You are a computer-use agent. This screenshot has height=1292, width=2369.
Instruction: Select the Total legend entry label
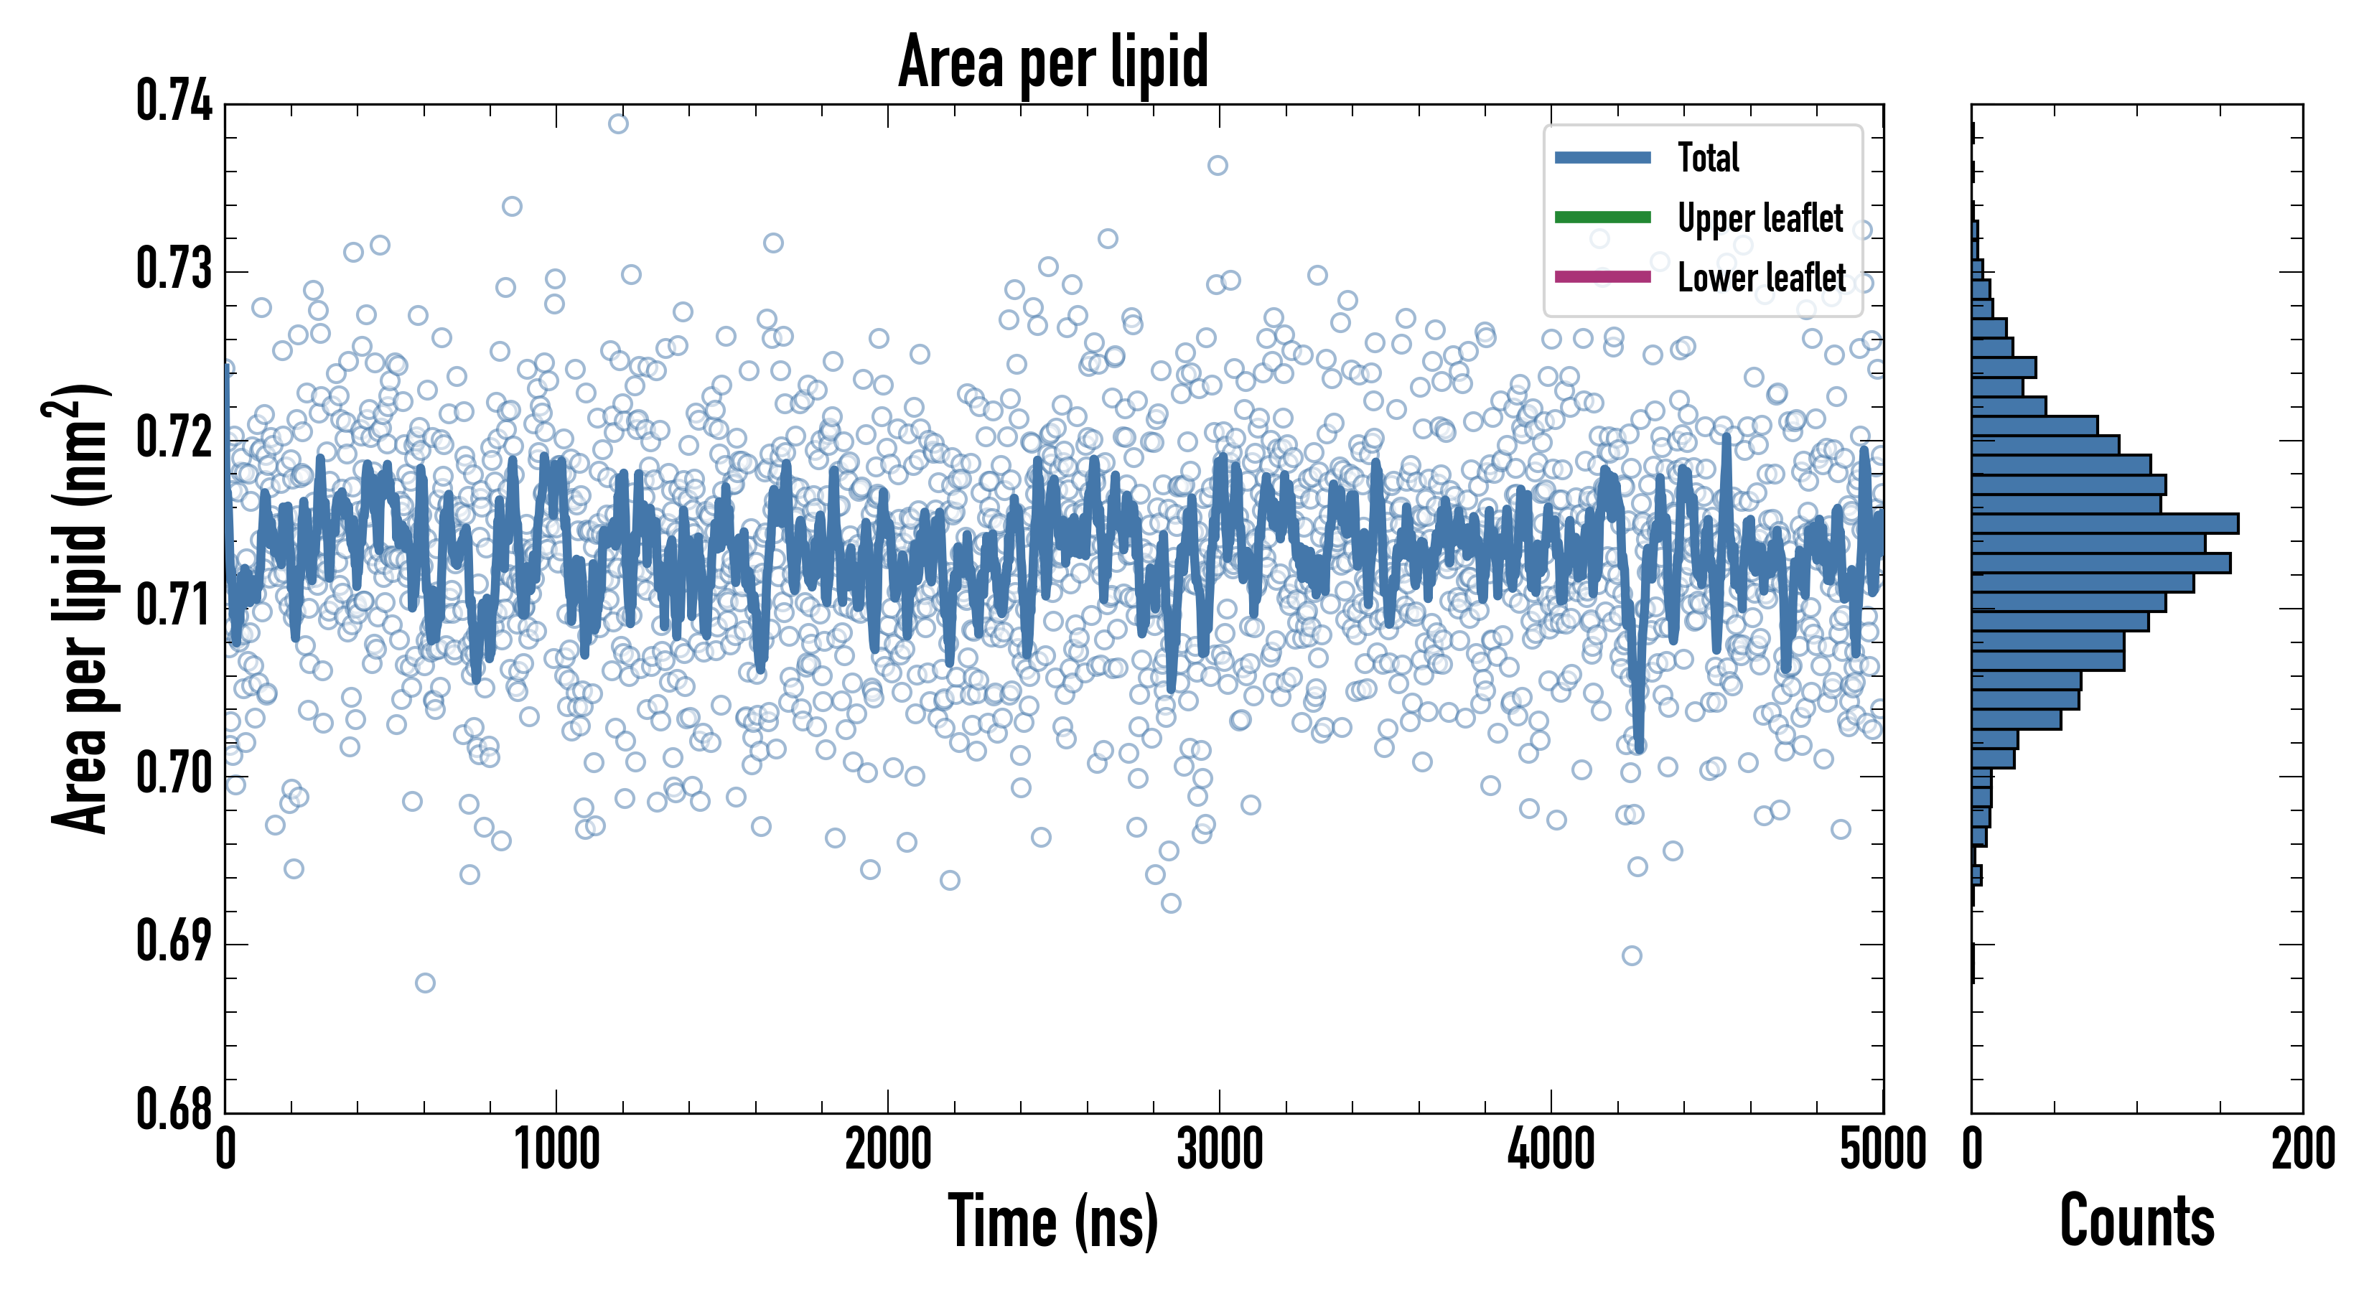point(1708,157)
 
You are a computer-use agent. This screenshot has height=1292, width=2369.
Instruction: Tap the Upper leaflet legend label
point(1760,218)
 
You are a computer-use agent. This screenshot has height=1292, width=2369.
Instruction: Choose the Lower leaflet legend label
point(1761,278)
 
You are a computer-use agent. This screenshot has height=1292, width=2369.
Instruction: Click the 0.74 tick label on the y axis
point(174,101)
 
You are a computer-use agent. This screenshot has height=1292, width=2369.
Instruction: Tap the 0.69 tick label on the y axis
point(174,942)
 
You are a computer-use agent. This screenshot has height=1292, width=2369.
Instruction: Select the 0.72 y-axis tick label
point(174,438)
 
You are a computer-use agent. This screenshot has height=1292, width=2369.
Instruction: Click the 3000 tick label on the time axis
point(1220,1149)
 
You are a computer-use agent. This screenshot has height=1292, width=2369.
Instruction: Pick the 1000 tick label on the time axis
point(556,1149)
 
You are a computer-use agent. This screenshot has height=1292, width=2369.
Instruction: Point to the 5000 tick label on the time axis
point(1882,1149)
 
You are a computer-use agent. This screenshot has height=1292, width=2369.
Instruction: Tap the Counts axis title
point(2136,1221)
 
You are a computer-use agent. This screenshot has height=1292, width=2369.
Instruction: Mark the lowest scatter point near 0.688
point(425,983)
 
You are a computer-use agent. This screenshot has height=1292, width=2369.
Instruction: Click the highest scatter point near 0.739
point(618,123)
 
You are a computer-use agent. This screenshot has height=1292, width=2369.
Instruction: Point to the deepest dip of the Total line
point(1639,746)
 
